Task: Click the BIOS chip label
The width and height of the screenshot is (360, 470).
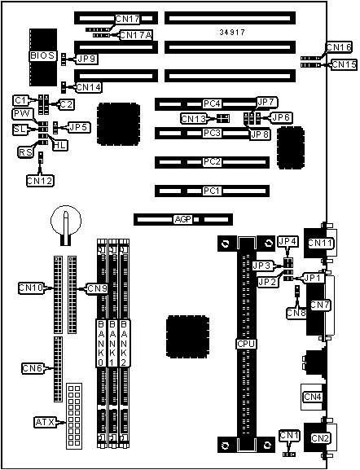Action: [x=42, y=55]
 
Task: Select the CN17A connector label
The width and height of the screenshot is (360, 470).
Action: [x=136, y=35]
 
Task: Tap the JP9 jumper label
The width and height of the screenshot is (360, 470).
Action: [x=87, y=59]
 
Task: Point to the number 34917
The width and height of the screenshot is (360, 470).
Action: [x=232, y=32]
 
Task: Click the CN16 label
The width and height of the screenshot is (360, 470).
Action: [x=339, y=47]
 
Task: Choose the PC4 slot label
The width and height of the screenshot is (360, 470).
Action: [x=212, y=103]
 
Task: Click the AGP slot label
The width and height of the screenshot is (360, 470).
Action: [x=182, y=219]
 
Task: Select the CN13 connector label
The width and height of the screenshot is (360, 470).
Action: [x=194, y=119]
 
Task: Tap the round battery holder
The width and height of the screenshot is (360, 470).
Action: [x=66, y=221]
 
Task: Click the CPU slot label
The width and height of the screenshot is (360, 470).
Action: [x=246, y=344]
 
